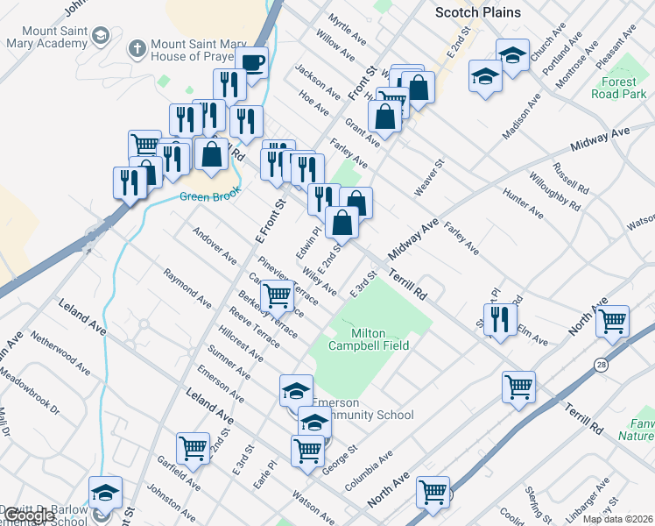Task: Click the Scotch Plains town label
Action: [x=477, y=12]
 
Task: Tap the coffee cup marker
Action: [x=252, y=63]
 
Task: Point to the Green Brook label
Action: [x=209, y=196]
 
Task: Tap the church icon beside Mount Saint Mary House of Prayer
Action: [x=135, y=48]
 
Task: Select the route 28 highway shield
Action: [x=602, y=363]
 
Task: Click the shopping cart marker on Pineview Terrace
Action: [x=278, y=295]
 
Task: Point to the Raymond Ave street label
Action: [x=187, y=288]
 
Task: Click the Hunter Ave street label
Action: [x=523, y=207]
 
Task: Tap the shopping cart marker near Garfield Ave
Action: [x=193, y=447]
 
